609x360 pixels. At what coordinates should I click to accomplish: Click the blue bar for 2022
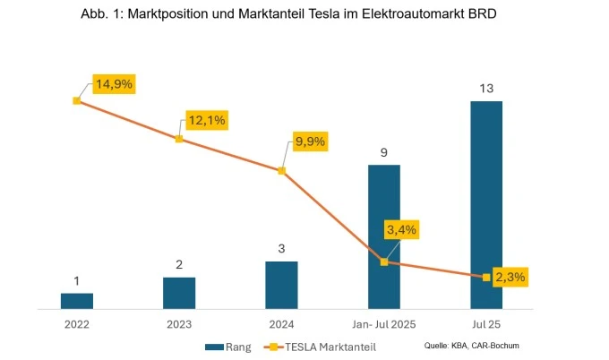[76, 301]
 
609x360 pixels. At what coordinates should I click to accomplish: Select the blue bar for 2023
[179, 293]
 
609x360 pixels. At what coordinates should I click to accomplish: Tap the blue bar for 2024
[281, 285]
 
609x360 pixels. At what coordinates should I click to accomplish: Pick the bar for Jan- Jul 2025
[383, 237]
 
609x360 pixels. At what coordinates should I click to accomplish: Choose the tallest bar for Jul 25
[486, 205]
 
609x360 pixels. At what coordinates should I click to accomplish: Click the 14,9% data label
[114, 84]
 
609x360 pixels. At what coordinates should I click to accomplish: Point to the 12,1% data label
[207, 120]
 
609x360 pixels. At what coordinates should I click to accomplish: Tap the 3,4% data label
[402, 230]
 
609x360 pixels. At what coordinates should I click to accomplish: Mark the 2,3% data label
[510, 277]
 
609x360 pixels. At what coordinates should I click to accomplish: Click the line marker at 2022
[76, 100]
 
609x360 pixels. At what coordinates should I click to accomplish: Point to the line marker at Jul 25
[486, 278]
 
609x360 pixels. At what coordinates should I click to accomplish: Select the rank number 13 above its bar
[486, 89]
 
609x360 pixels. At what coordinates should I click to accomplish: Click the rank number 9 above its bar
[383, 153]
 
